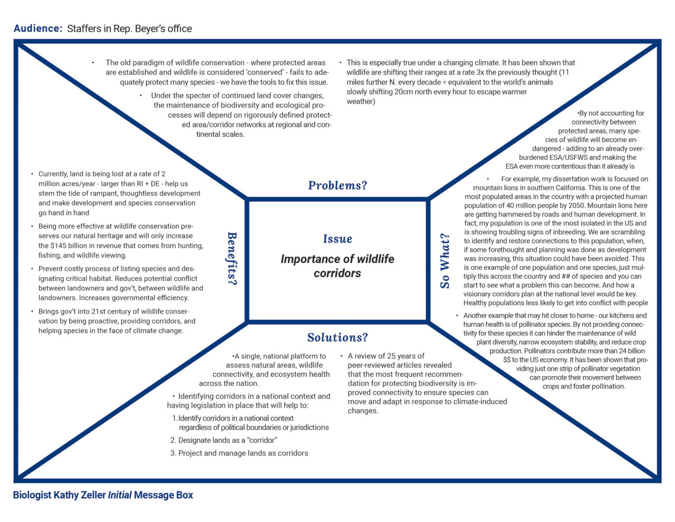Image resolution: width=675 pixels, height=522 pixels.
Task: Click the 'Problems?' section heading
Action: pyautogui.click(x=337, y=185)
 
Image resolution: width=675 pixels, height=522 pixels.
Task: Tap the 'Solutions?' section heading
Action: pyautogui.click(x=337, y=337)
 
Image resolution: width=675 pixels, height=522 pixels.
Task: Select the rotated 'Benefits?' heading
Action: pyautogui.click(x=232, y=258)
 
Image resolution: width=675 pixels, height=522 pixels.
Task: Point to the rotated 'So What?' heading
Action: pyautogui.click(x=445, y=261)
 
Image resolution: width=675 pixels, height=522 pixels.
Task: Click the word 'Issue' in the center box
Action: pyautogui.click(x=337, y=239)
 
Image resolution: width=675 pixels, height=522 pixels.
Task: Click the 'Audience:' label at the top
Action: pyautogui.click(x=38, y=29)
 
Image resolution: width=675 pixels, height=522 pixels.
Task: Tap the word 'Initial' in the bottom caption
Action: pyautogui.click(x=120, y=495)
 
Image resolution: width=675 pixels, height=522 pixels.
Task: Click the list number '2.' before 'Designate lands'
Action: pyautogui.click(x=173, y=440)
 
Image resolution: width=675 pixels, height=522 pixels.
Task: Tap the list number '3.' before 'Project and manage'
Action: pyautogui.click(x=173, y=453)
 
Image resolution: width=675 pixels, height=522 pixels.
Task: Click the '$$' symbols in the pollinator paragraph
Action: pyautogui.click(x=507, y=360)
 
